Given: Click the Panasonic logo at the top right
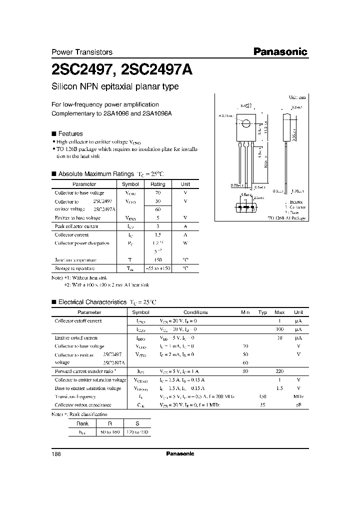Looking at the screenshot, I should tap(279, 51).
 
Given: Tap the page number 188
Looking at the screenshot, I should tap(56, 454).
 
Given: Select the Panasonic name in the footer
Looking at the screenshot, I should tap(179, 454).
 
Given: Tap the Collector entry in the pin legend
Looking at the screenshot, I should tap(295, 206).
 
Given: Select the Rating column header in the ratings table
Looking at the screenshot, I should tap(158, 184).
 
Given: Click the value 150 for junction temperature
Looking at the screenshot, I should tap(157, 260).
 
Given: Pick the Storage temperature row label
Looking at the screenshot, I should tap(78, 268).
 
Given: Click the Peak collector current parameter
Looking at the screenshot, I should tap(76, 226).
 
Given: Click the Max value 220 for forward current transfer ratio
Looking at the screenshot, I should tap(279, 371).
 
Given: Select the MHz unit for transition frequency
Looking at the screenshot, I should tap(298, 396).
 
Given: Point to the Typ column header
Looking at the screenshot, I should tap(262, 312).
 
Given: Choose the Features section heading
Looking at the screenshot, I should tap(70, 134).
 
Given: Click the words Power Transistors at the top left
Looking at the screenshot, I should tap(82, 52).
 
